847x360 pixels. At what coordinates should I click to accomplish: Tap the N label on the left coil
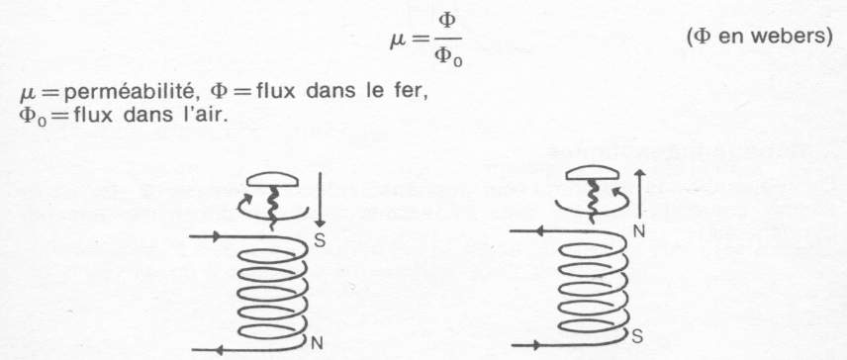318,343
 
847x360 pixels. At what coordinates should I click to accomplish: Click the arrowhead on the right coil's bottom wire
538,346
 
